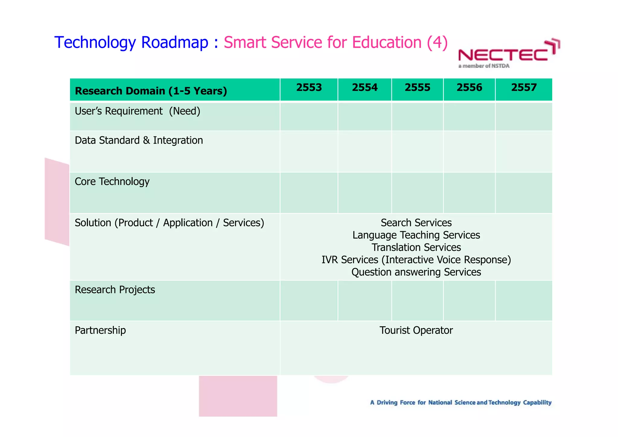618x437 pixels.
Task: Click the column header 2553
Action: click(x=309, y=88)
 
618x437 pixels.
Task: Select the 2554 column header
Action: click(x=365, y=88)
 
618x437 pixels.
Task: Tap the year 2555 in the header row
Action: click(x=417, y=88)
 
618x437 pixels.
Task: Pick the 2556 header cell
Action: click(x=469, y=88)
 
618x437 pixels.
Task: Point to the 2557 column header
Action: click(x=524, y=88)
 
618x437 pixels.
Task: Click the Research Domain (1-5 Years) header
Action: click(x=151, y=91)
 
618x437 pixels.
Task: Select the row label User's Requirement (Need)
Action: click(x=138, y=111)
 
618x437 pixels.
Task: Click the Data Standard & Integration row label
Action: click(x=139, y=140)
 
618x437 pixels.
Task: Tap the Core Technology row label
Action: click(x=112, y=182)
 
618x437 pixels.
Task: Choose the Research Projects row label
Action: click(x=115, y=290)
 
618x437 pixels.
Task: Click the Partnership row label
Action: click(x=100, y=330)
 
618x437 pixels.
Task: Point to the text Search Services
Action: click(x=416, y=223)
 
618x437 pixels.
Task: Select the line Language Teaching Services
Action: click(x=416, y=235)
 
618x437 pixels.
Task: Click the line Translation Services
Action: click(x=416, y=247)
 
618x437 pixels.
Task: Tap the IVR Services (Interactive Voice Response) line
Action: click(x=416, y=260)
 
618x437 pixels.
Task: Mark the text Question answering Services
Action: click(x=416, y=272)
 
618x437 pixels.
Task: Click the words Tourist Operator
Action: click(x=416, y=330)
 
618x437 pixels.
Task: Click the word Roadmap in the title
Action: click(x=175, y=42)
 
